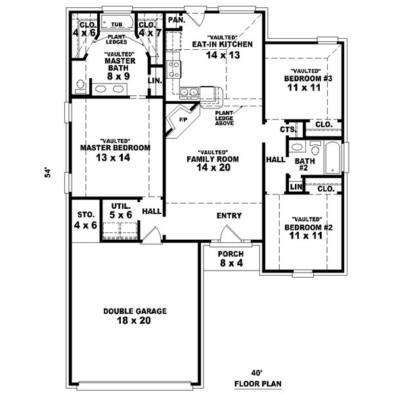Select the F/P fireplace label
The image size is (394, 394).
pos(183,120)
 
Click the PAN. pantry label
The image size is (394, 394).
pos(175,20)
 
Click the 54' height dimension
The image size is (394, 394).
pos(47,173)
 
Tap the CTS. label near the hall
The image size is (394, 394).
pos(286,129)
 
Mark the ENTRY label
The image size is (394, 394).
pos(229,215)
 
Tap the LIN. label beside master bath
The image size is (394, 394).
pos(155,81)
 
